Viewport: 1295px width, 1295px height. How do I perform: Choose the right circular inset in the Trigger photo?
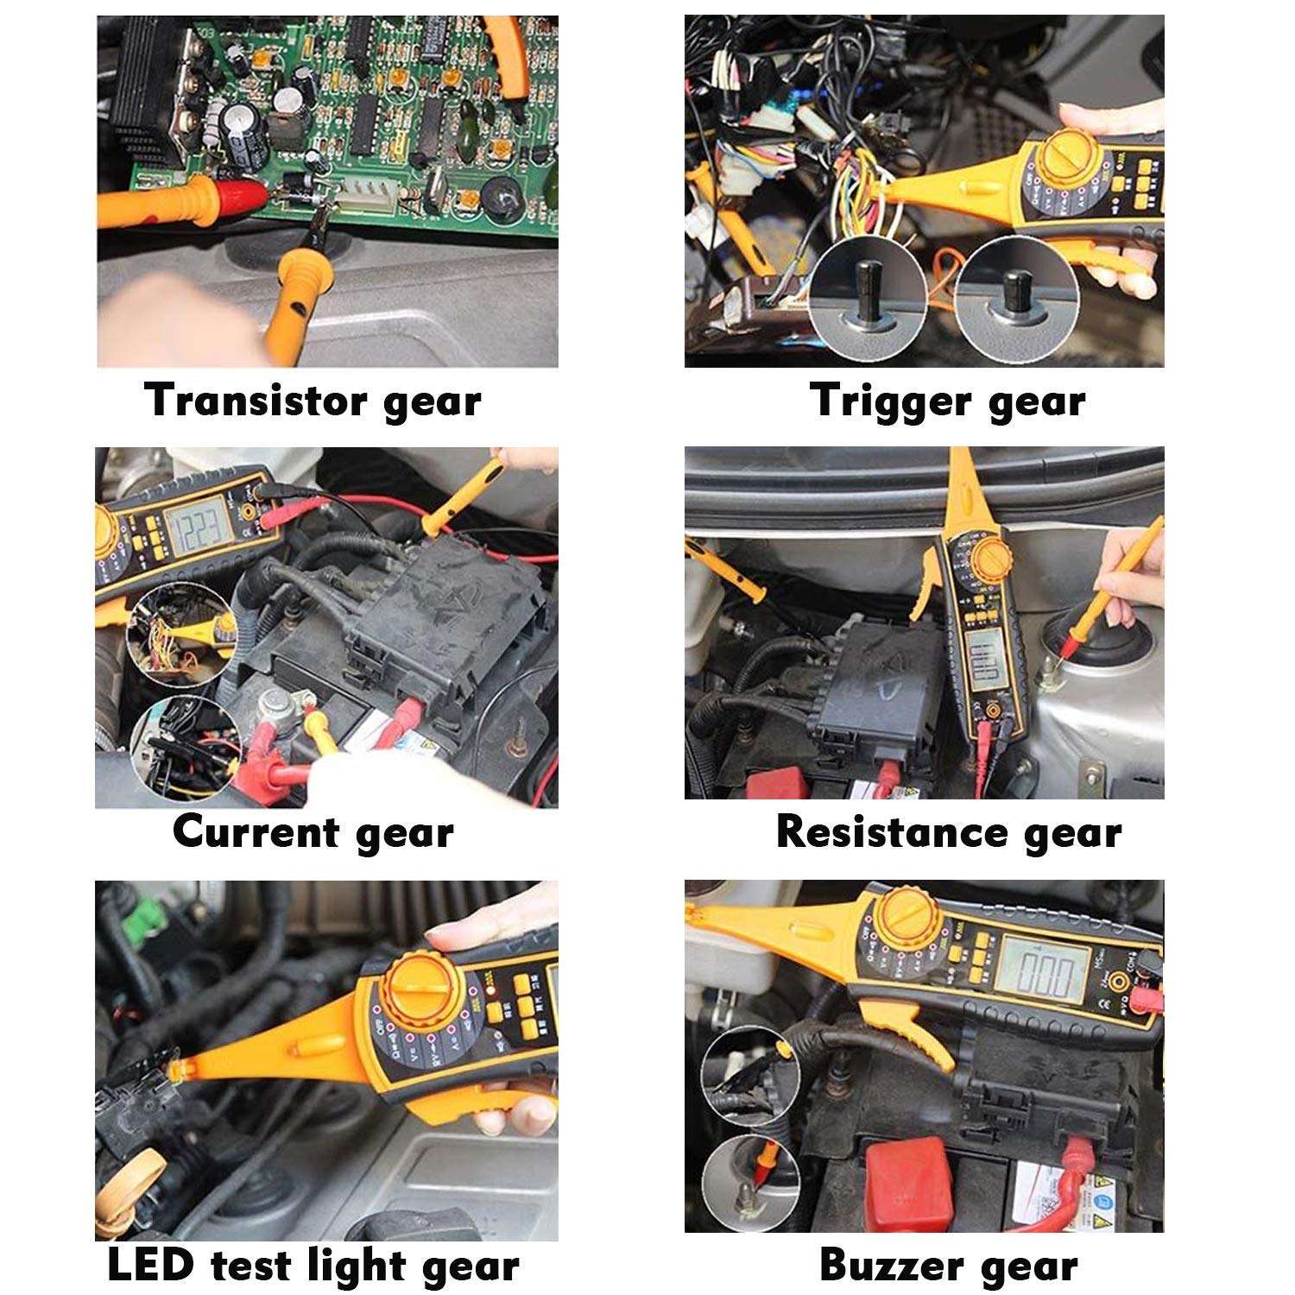coord(1016,298)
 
